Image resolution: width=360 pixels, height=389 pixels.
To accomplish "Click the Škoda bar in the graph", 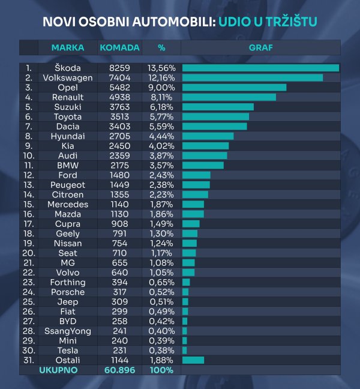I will tap(260, 68).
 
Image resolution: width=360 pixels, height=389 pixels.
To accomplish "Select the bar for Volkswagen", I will tap(252, 77).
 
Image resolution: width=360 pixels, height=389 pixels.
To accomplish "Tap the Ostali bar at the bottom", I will tap(193, 360).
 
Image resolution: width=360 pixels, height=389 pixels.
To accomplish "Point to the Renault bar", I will tap(229, 97).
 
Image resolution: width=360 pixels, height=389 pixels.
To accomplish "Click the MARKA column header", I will tap(68, 47).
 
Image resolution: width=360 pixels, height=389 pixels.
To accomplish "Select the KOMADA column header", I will tap(119, 47).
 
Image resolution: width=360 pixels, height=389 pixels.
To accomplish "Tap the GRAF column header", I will tap(260, 47).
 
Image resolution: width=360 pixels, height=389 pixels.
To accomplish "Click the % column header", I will tap(161, 47).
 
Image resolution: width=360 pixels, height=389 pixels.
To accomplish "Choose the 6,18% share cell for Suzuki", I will tap(161, 107).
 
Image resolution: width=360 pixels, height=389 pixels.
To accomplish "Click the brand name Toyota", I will tap(68, 116).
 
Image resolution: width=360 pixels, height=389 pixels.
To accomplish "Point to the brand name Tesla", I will tap(68, 350).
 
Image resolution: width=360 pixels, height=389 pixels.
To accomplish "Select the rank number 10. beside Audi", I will tap(28, 155).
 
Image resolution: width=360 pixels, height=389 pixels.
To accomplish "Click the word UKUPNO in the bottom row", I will tap(58, 370).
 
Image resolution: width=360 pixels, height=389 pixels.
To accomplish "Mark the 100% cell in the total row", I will tap(161, 370).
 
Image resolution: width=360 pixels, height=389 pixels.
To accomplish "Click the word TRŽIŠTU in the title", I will tap(287, 22).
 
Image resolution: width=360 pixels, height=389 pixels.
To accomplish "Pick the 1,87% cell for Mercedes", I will tap(161, 204).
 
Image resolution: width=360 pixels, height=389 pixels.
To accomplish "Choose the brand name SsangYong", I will tap(68, 331).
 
